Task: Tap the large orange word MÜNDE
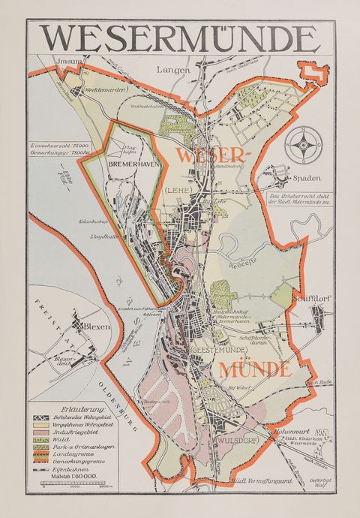coord(254,369)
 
